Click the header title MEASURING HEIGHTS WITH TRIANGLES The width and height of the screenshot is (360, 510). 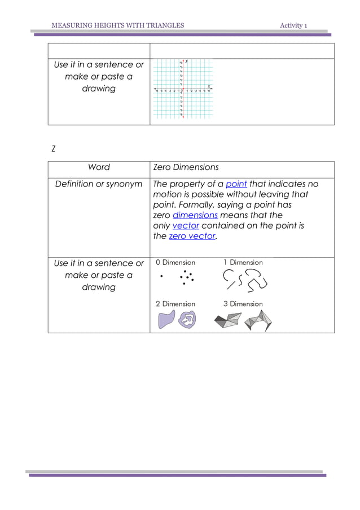click(x=117, y=25)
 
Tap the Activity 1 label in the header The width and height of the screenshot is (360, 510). click(x=293, y=25)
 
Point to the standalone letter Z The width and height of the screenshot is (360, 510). click(x=53, y=149)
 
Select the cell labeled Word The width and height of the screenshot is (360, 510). click(x=99, y=167)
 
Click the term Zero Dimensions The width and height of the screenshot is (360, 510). click(x=186, y=167)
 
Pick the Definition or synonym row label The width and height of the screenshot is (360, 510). click(x=99, y=184)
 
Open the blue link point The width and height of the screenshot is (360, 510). click(x=236, y=184)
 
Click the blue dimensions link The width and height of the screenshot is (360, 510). click(x=195, y=215)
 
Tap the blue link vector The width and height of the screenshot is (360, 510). click(x=186, y=225)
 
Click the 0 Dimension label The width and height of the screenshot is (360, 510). click(x=175, y=263)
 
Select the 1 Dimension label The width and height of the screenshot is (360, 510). click(x=243, y=263)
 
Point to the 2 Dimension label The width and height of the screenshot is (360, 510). click(x=175, y=304)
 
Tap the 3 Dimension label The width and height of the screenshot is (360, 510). click(x=243, y=304)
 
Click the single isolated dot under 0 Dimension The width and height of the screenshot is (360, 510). click(x=161, y=277)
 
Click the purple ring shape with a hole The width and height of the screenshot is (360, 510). click(x=186, y=320)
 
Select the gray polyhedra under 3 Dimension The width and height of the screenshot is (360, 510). click(x=243, y=320)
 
